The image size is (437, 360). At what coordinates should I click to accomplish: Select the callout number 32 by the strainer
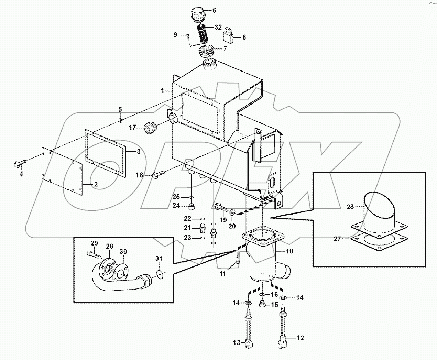[218, 28]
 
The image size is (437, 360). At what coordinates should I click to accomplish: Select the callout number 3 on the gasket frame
[138, 152]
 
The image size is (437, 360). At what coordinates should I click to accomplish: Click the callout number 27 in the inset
[337, 239]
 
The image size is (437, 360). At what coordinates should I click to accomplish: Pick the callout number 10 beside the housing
[289, 251]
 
